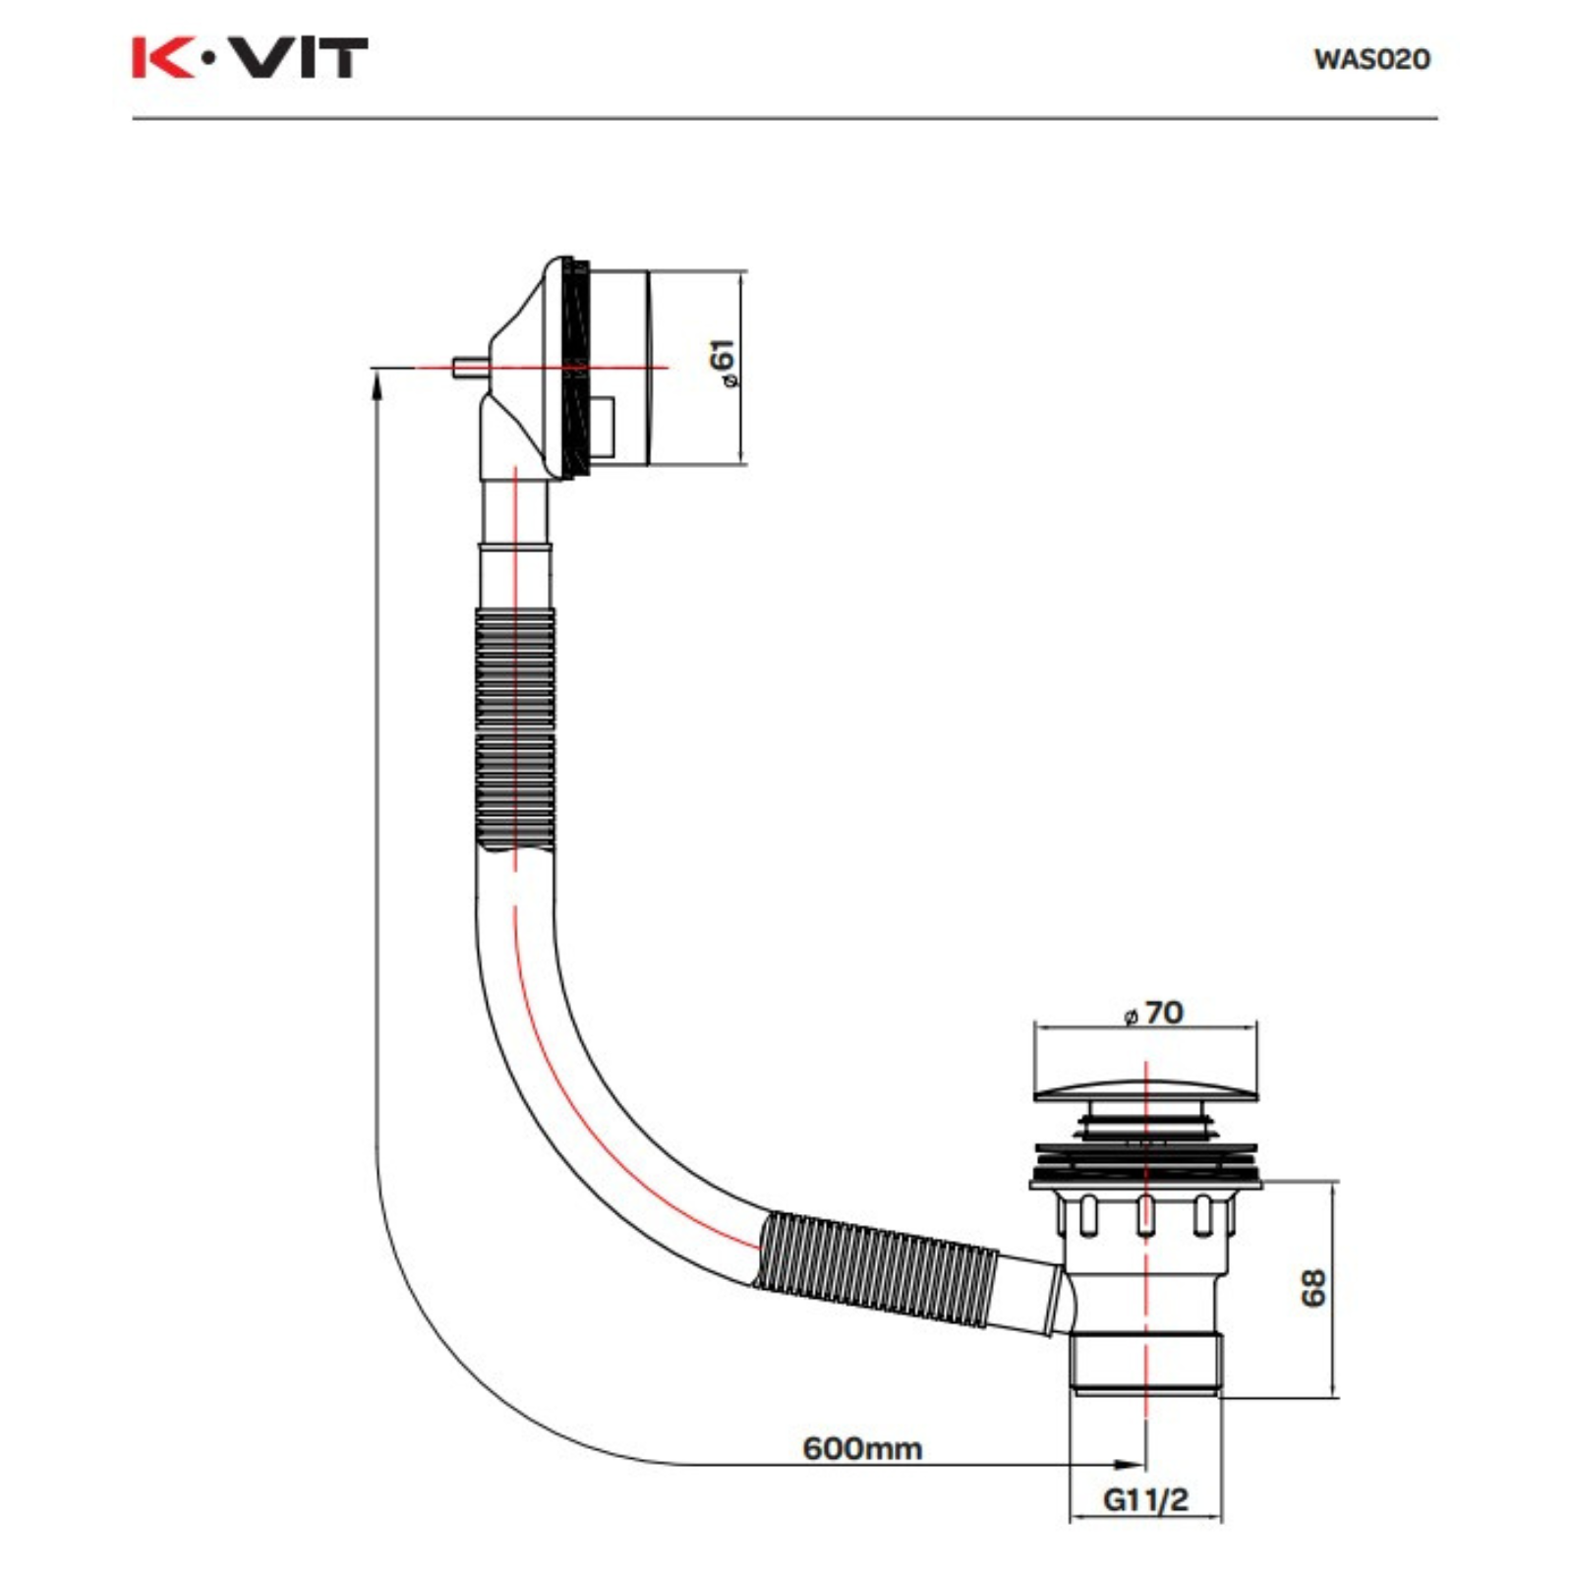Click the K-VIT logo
[250, 58]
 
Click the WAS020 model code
[1371, 59]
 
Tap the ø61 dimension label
[724, 364]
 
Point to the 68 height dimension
[1312, 1288]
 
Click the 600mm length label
[862, 1448]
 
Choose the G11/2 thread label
[1145, 1499]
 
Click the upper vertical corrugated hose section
[514, 728]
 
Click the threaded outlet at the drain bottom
[1145, 1362]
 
